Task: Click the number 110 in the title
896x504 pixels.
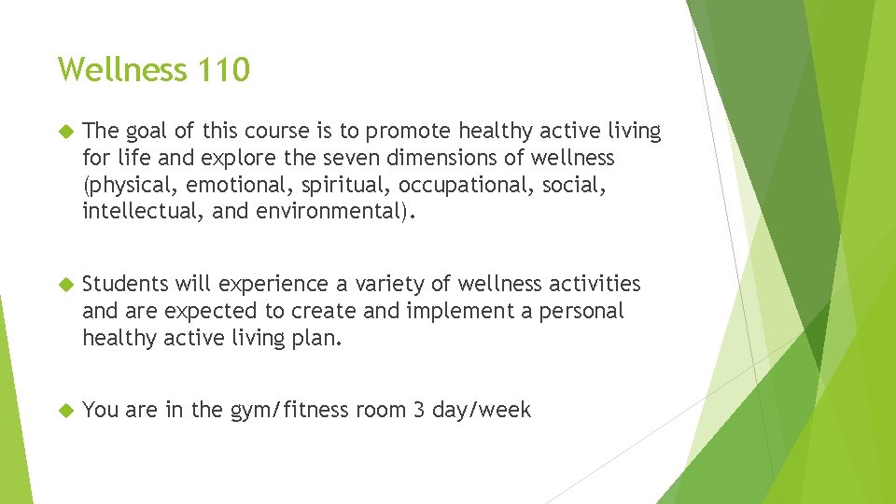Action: (x=223, y=69)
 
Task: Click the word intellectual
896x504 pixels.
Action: (x=142, y=211)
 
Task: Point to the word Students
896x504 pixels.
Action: (x=125, y=284)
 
